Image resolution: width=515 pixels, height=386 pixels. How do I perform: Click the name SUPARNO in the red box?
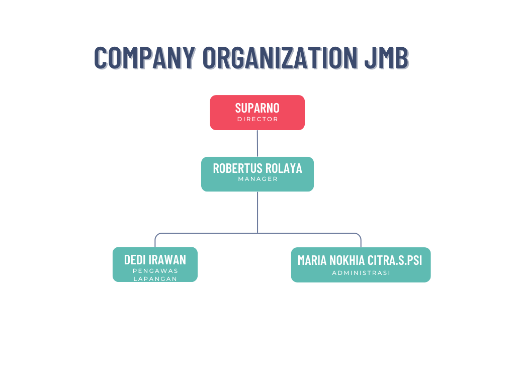[x=257, y=108]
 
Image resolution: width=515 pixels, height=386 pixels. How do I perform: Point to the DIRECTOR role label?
[x=257, y=120]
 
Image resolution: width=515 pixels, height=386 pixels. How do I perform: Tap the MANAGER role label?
[x=257, y=179]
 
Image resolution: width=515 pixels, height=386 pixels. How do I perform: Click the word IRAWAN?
[x=167, y=259]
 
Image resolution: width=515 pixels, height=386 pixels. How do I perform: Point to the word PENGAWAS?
[x=155, y=271]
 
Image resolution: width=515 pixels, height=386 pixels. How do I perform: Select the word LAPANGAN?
[x=155, y=278]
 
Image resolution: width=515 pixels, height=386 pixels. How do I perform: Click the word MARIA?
[x=311, y=260]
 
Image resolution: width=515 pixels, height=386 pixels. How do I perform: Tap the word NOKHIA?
[x=347, y=260]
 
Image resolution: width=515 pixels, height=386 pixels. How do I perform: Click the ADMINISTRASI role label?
[x=361, y=273]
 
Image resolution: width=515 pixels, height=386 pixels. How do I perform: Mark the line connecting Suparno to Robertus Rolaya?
[x=257, y=143]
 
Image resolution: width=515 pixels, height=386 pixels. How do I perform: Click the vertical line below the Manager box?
[x=257, y=211]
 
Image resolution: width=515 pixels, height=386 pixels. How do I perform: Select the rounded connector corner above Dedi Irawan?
[x=156, y=235]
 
